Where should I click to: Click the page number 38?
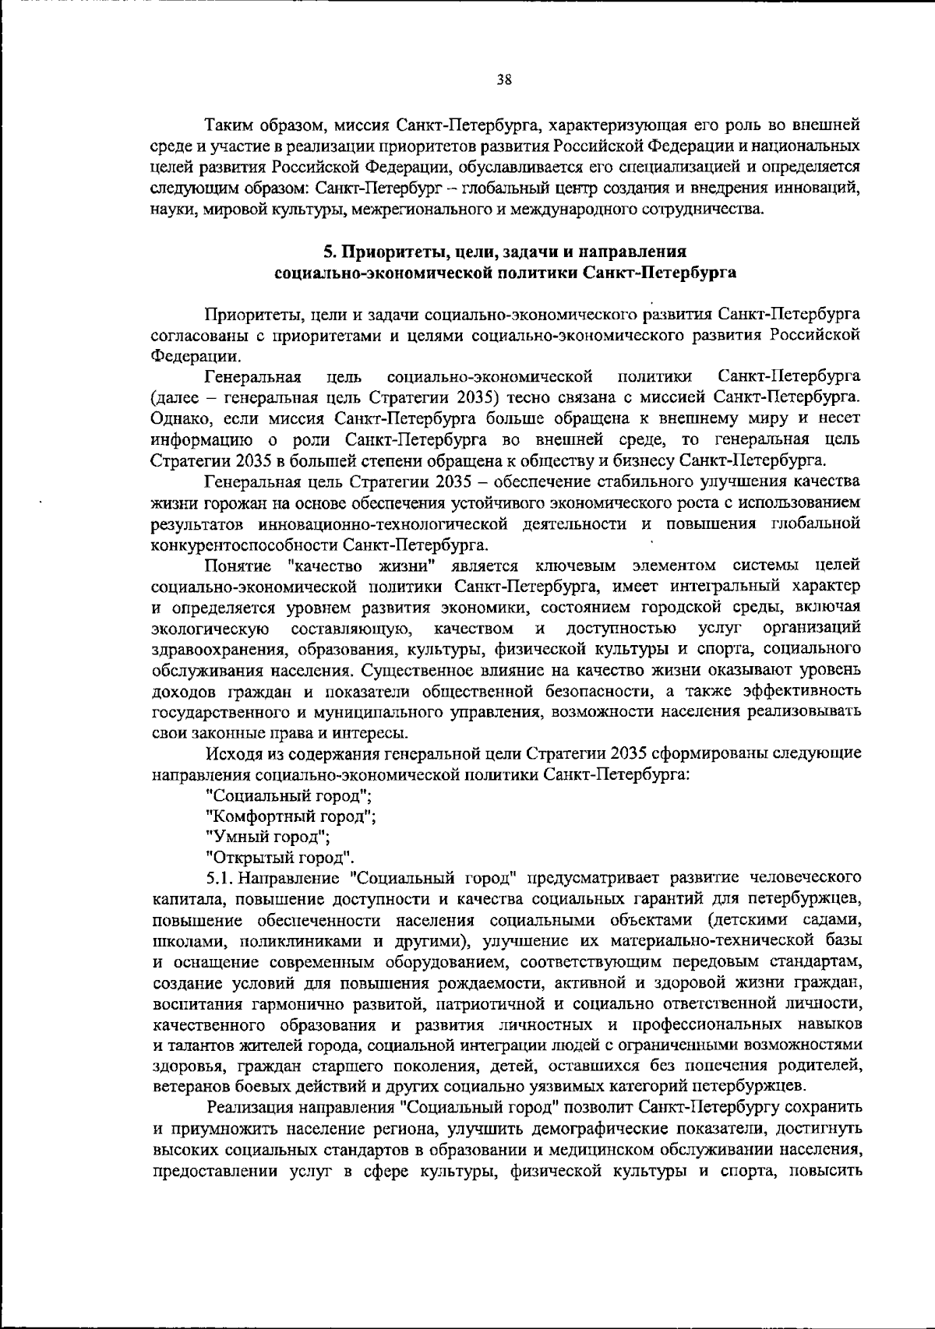(x=503, y=79)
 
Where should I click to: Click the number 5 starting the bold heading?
(x=329, y=252)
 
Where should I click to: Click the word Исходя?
(x=231, y=754)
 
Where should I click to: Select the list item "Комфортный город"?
(x=291, y=817)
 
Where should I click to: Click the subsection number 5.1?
(x=221, y=880)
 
